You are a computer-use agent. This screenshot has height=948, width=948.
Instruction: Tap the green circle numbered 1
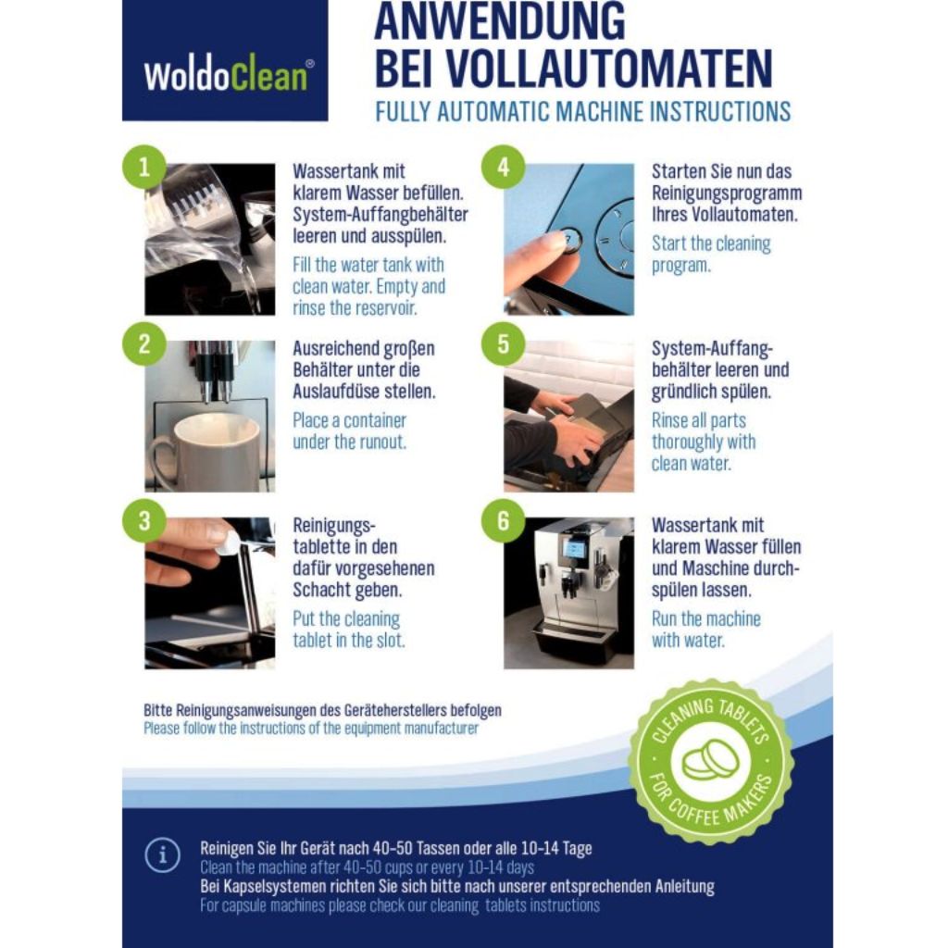point(143,168)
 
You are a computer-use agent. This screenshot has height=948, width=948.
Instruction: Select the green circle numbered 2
point(143,344)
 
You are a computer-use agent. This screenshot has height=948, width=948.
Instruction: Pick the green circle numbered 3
point(143,520)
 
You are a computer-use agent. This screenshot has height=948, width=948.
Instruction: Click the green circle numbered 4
point(503,168)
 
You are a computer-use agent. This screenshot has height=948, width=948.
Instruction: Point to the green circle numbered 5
point(503,344)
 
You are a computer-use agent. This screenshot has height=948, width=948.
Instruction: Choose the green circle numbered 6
point(503,520)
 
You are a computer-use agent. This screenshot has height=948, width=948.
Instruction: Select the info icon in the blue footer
point(162,854)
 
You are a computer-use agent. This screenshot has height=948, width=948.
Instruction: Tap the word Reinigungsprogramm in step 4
point(727,193)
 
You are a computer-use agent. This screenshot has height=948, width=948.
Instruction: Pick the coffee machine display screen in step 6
point(573,548)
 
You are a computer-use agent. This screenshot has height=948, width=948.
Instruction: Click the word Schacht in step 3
point(322,590)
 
